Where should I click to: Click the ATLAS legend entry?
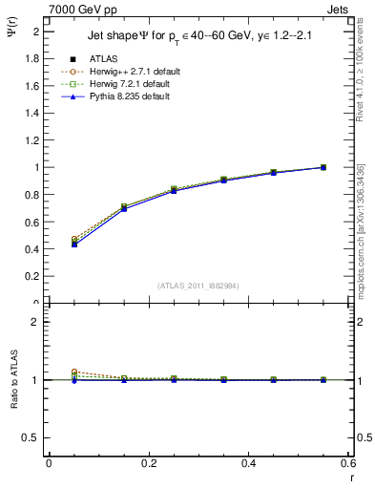(102, 59)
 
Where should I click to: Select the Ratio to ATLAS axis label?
(12, 380)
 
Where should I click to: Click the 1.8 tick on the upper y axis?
(32, 58)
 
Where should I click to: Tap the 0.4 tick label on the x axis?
(249, 463)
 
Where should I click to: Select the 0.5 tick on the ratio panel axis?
(32, 437)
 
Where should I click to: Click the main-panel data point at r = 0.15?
(123, 207)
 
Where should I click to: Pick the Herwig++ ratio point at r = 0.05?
(73, 372)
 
